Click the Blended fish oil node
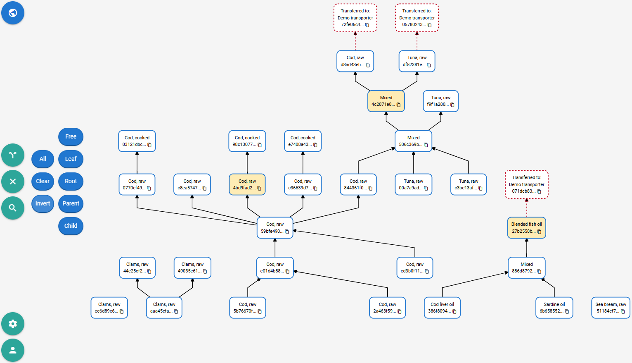(x=526, y=228)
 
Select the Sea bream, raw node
(x=611, y=308)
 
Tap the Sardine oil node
(x=554, y=308)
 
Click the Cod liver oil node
(x=442, y=308)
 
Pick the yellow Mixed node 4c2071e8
(x=386, y=101)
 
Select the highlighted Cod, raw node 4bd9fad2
(x=247, y=184)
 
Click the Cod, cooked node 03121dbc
(x=137, y=141)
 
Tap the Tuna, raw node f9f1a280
(x=441, y=101)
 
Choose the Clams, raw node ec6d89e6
(x=109, y=308)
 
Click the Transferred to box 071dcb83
(x=526, y=184)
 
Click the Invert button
(x=43, y=204)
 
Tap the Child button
(x=71, y=226)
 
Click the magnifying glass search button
(x=13, y=208)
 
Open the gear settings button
(x=13, y=324)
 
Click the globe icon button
(x=13, y=13)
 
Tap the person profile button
(x=13, y=350)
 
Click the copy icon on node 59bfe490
(x=287, y=232)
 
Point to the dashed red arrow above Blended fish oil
(x=526, y=208)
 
